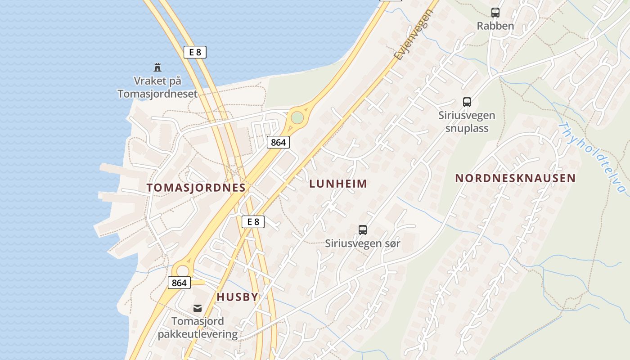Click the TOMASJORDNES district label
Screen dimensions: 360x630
coord(196,188)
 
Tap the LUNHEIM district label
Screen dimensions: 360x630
coord(338,184)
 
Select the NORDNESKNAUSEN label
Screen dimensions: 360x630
coord(515,178)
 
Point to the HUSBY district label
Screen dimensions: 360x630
coord(238,297)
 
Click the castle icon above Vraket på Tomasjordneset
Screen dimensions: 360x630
coord(157,67)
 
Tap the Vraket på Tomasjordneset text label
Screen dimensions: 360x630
coord(157,87)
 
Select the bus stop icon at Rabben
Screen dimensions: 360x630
coord(495,13)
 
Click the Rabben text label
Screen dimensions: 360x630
coord(495,26)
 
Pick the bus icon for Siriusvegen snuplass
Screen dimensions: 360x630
coord(467,102)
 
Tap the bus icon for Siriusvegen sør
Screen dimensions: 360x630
coord(363,230)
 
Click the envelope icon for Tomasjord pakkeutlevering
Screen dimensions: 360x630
coord(198,308)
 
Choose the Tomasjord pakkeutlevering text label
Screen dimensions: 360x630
coord(198,328)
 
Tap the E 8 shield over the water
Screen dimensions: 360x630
coord(195,52)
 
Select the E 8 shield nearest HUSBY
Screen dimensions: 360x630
coord(253,221)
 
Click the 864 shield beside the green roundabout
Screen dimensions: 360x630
coord(278,142)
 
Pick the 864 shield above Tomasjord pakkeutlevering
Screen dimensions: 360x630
coord(179,283)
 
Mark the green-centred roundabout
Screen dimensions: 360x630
coord(297,118)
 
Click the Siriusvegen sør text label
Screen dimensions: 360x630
coord(363,244)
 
